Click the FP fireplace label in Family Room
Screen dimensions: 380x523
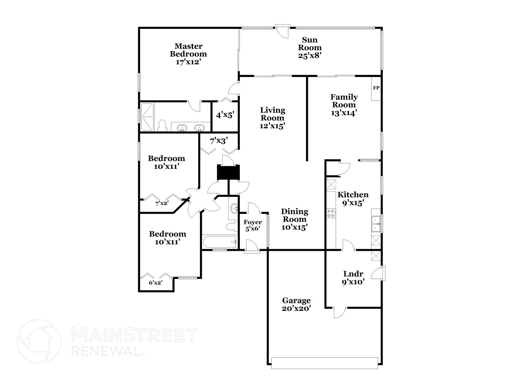coord(376,88)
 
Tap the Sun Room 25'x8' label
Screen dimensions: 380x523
coord(310,48)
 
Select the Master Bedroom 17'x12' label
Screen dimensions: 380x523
coord(188,54)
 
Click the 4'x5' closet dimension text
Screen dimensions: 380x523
coord(225,115)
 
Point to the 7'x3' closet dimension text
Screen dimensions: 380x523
coord(219,141)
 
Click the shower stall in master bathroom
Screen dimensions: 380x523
coord(147,117)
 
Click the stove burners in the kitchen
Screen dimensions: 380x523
coord(331,213)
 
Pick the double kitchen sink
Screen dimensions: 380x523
coord(376,224)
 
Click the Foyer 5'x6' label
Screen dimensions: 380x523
coord(253,225)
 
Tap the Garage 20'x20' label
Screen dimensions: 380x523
coord(296,304)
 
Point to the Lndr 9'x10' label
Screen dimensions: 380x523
coord(353,278)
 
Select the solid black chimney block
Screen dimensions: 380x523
coord(228,172)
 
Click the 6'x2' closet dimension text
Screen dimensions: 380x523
coord(156,283)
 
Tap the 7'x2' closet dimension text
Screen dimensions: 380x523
coord(162,203)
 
